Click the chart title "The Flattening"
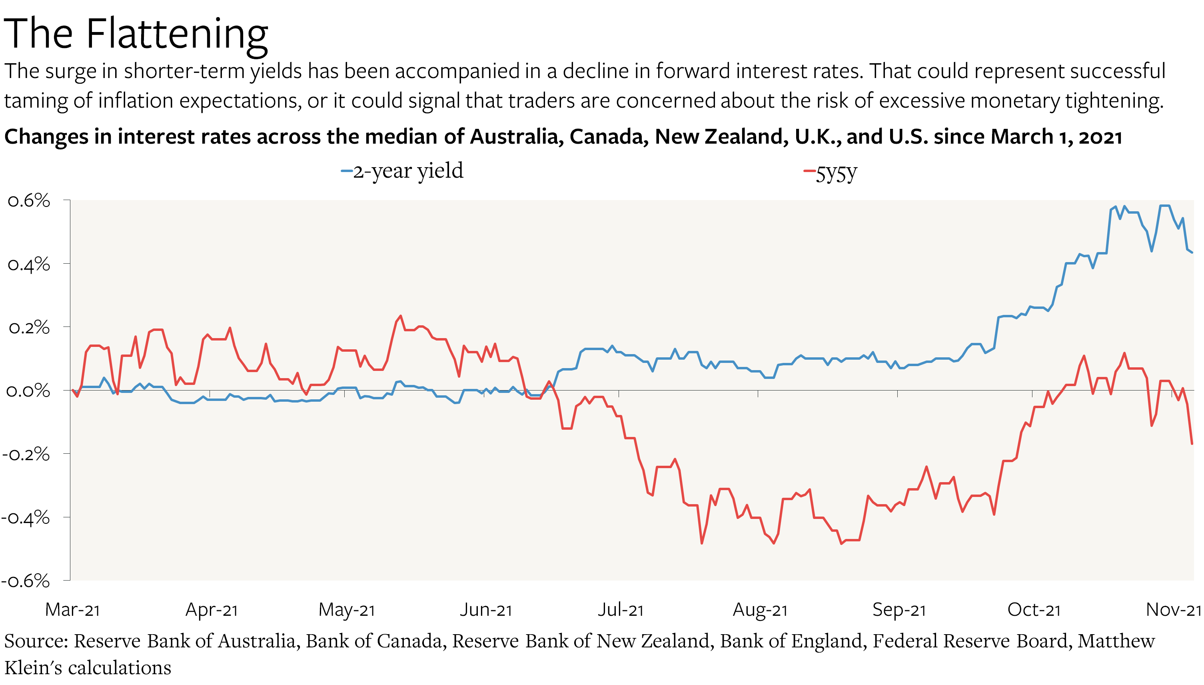pos(136,34)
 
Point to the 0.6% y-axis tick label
pos(29,201)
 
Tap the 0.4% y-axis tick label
pos(29,265)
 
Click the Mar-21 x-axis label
pos(72,610)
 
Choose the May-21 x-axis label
pos(347,610)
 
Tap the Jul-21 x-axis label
pos(620,610)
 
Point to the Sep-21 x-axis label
pos(899,610)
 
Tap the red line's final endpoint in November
pos(1192,443)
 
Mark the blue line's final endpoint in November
pos(1192,252)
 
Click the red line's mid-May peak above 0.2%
pos(400,316)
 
